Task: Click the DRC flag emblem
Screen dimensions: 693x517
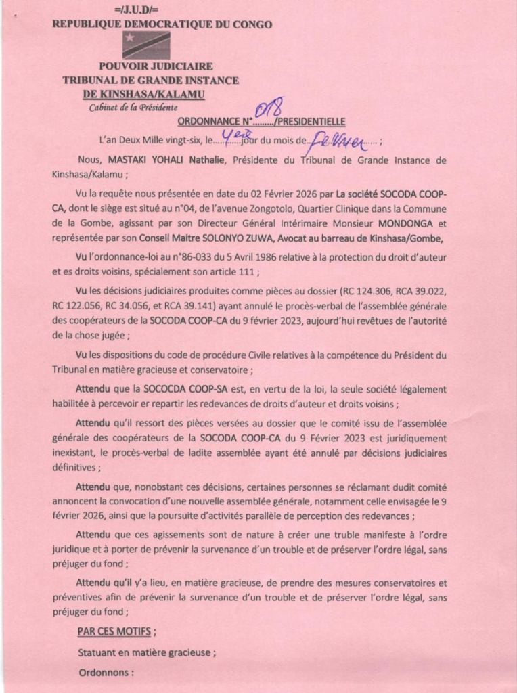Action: tap(145, 45)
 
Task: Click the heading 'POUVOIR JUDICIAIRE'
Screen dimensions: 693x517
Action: tap(156, 66)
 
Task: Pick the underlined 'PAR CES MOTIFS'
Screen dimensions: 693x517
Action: tap(113, 632)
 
